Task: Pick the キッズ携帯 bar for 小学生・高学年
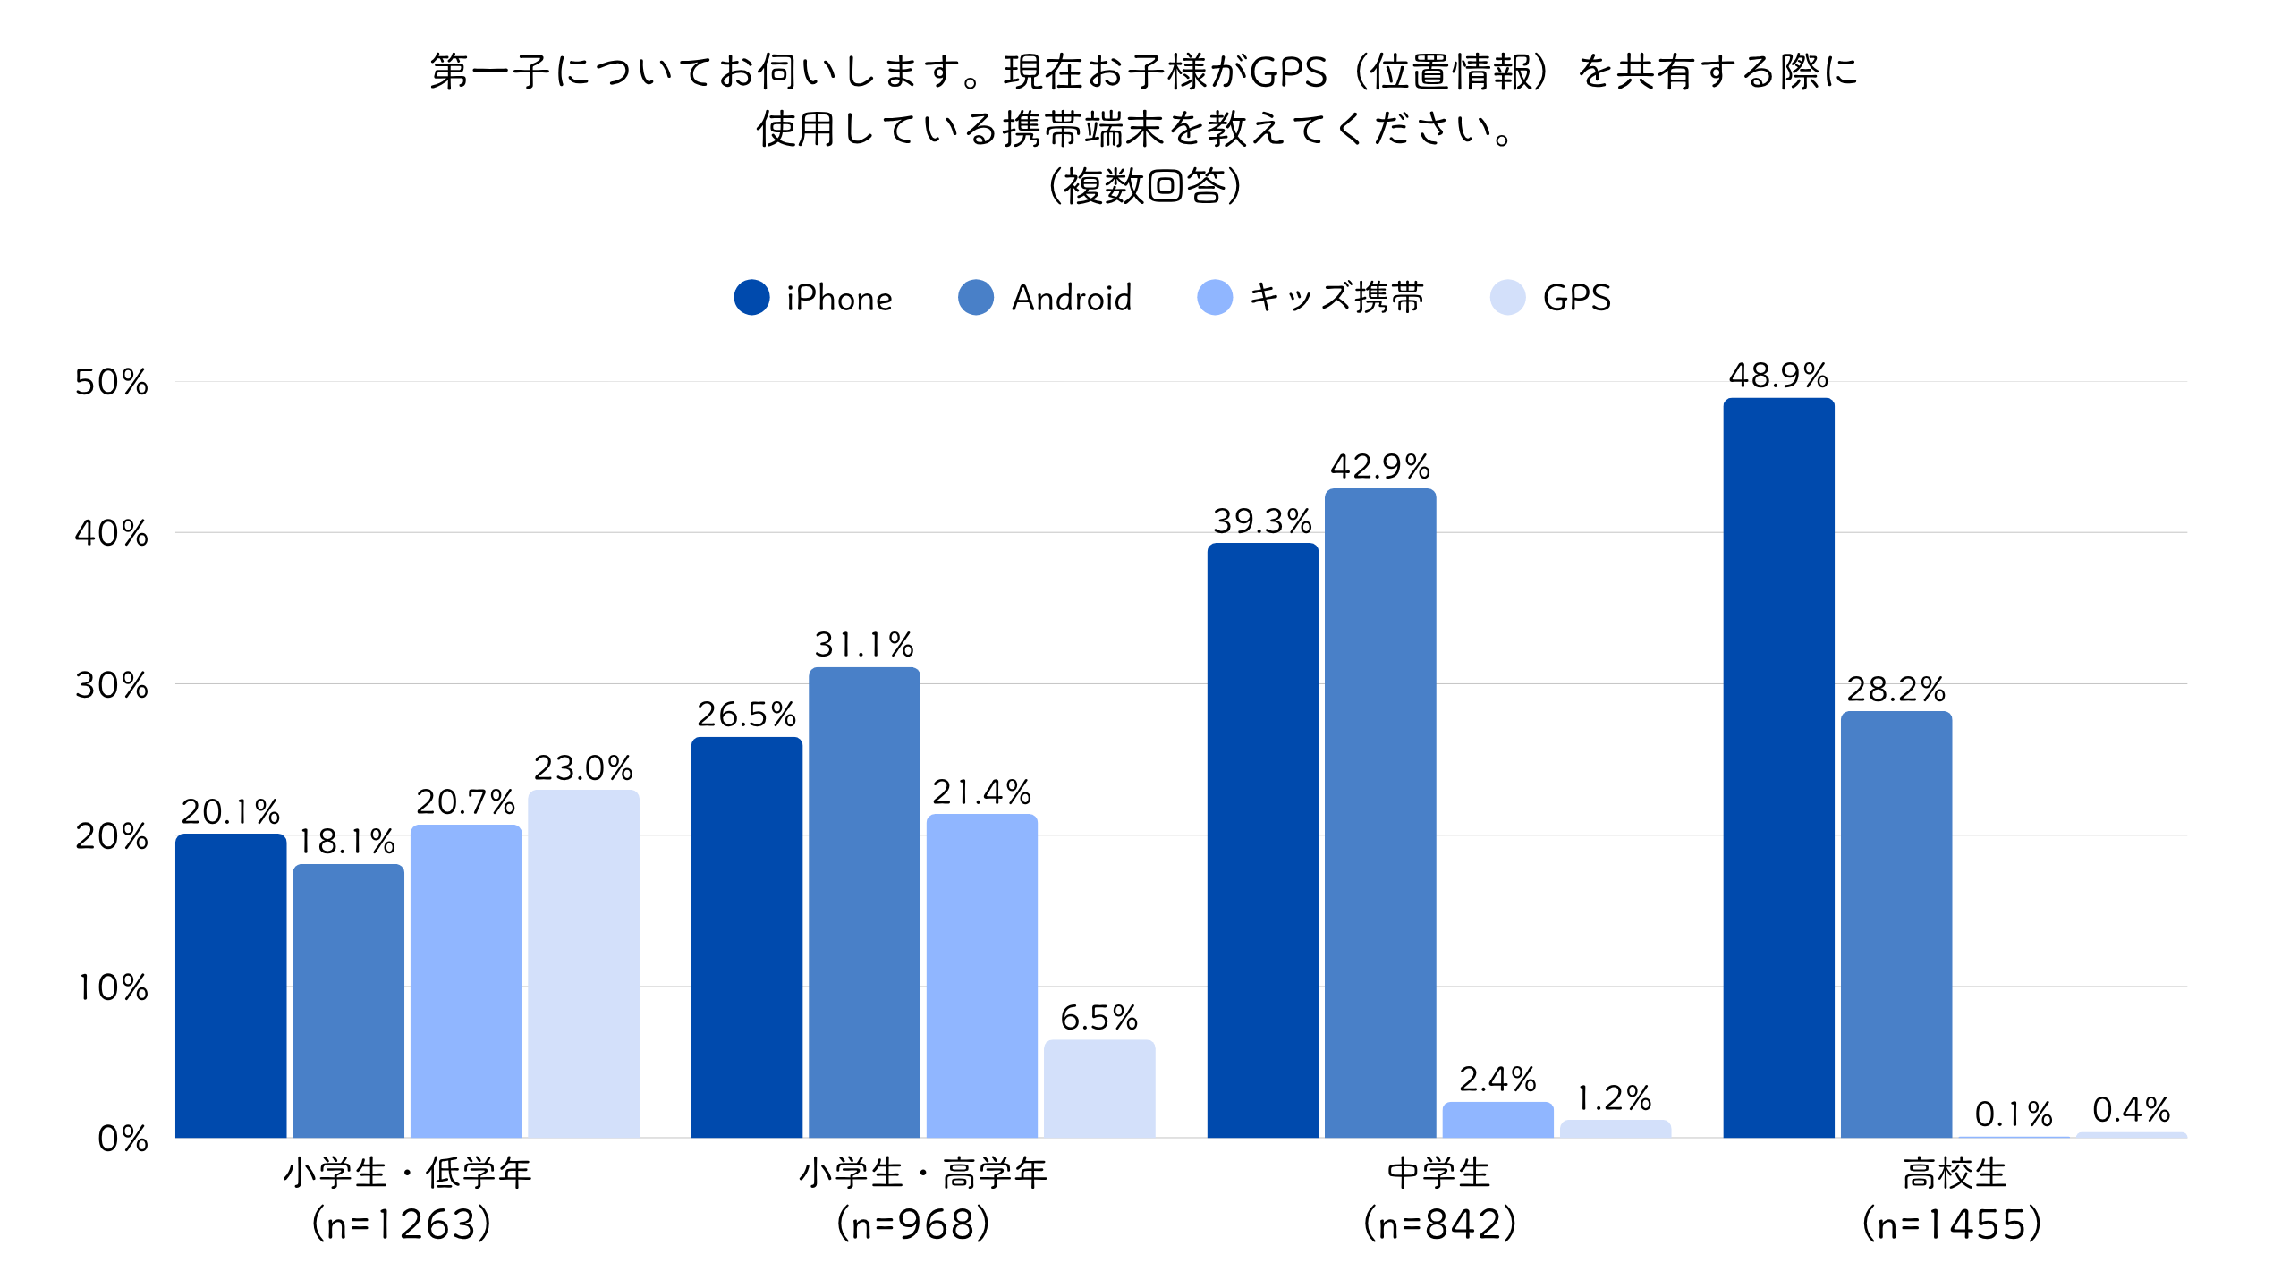coord(981,975)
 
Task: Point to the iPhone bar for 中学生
coord(1262,840)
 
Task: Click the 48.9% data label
coord(1778,376)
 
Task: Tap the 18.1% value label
coord(347,842)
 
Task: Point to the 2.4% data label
coord(1497,1080)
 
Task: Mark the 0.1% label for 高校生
coord(2014,1114)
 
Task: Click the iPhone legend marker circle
coord(751,298)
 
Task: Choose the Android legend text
coord(1072,298)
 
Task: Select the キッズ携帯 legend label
coord(1336,298)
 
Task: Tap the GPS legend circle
coord(1507,298)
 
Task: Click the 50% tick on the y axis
coord(112,383)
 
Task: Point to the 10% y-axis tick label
coord(112,987)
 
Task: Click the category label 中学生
coord(1439,1173)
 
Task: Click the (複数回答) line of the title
coord(1145,186)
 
